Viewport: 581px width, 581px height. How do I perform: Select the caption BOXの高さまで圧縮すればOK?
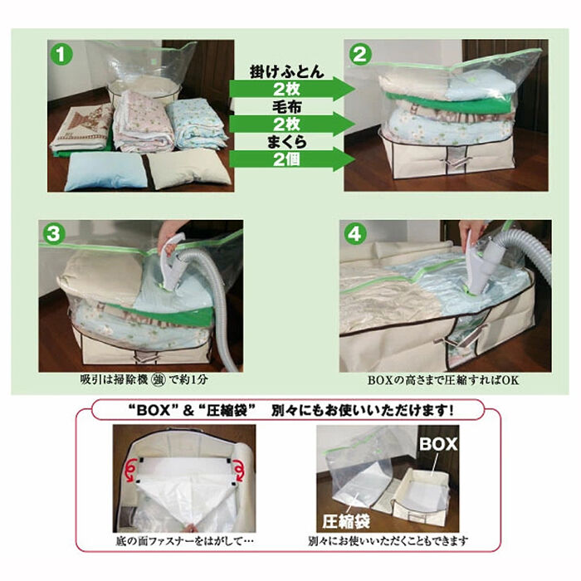(x=447, y=381)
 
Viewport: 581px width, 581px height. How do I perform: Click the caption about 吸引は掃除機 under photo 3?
(x=144, y=381)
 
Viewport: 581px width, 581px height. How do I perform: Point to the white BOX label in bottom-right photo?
(x=437, y=445)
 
